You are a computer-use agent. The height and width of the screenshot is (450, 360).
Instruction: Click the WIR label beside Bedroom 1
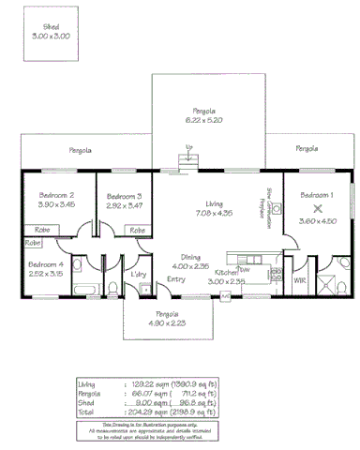(x=300, y=279)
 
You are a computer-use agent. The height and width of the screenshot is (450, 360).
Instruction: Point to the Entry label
(x=176, y=279)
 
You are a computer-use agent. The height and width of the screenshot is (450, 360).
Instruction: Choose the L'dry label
(x=139, y=274)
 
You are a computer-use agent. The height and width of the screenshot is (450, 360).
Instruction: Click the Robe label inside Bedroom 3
(x=136, y=230)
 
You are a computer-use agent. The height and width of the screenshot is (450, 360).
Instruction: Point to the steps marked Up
(x=189, y=162)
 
